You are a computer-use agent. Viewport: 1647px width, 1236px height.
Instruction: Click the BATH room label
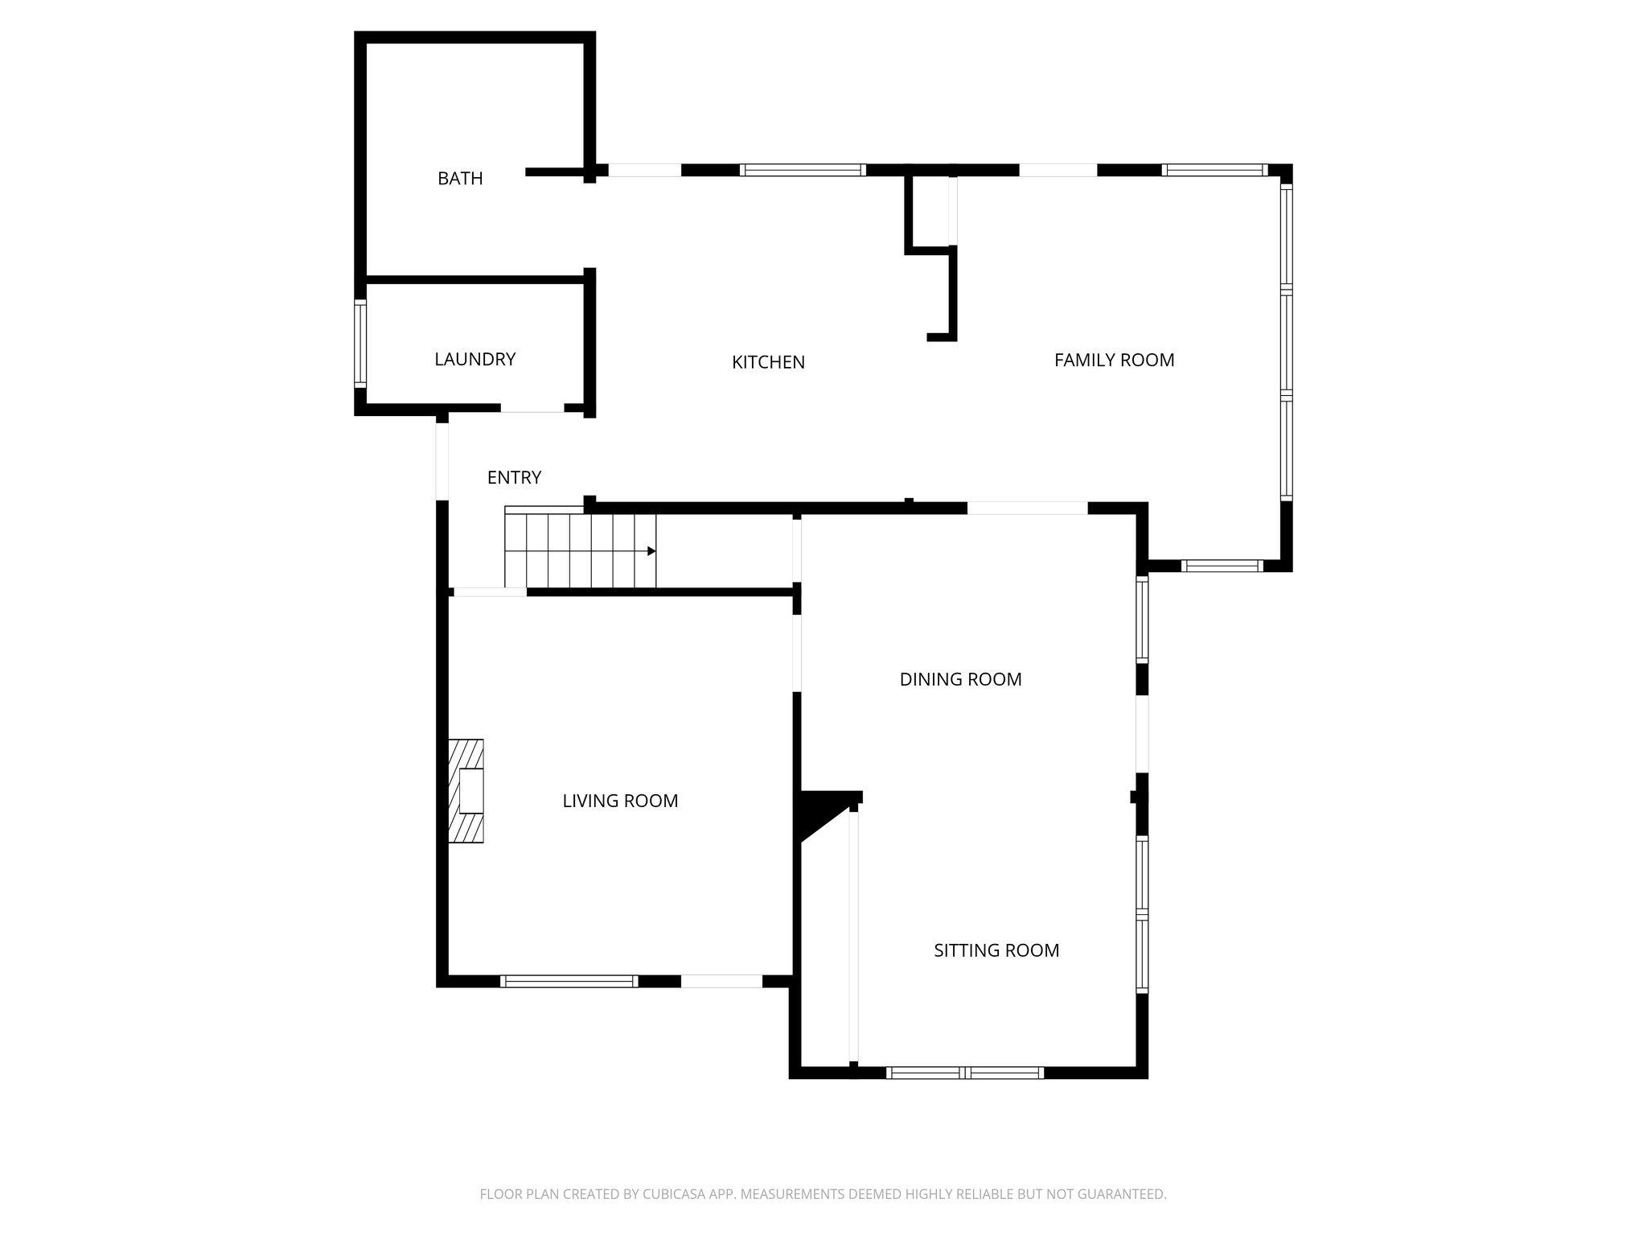point(460,179)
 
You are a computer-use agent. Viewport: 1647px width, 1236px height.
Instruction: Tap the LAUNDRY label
point(474,360)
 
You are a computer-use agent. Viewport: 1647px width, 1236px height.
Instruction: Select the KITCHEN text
point(768,363)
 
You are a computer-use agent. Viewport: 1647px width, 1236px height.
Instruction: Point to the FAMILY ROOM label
point(1114,360)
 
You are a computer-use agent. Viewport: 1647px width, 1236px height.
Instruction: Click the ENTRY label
point(514,478)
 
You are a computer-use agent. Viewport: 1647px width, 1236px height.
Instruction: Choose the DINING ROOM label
point(960,680)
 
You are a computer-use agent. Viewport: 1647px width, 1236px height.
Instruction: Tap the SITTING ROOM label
point(996,951)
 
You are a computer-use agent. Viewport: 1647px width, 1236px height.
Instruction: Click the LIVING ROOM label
point(620,801)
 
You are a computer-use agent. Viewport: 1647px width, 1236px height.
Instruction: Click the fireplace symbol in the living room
point(466,791)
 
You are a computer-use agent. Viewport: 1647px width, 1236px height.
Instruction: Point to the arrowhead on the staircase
point(651,551)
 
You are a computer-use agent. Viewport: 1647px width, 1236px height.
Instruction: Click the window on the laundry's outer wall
point(360,344)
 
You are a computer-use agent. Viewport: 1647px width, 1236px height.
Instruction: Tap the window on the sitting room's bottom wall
point(964,1073)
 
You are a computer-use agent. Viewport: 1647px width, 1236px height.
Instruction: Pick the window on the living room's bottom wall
point(569,981)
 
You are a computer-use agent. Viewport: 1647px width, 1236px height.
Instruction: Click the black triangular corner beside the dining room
point(816,811)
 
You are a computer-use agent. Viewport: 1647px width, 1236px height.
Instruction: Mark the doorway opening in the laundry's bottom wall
point(532,409)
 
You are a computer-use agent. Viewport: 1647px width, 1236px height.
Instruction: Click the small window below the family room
point(1222,566)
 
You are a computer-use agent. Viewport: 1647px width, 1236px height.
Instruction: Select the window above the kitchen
point(802,170)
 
